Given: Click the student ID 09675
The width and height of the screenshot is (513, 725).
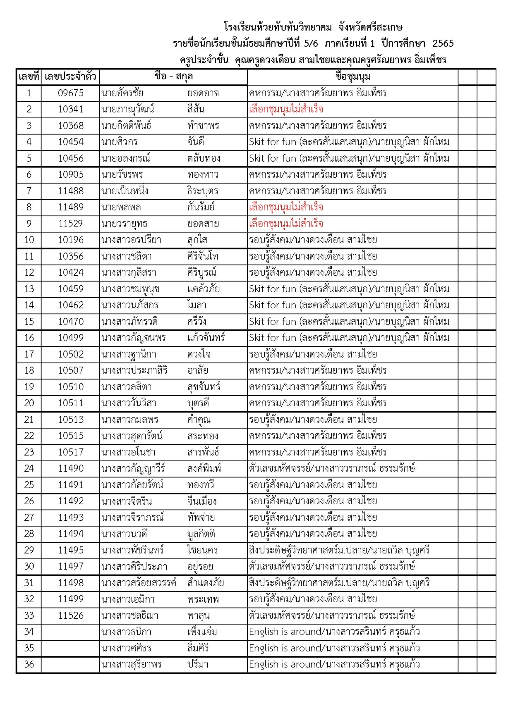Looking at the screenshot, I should click(70, 93).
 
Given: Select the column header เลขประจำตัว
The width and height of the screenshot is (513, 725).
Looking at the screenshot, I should click(70, 76).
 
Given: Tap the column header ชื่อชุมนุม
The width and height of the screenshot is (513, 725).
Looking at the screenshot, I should click(353, 76).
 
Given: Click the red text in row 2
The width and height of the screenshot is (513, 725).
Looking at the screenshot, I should click(286, 110).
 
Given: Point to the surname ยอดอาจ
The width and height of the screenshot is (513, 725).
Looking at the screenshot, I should click(203, 93).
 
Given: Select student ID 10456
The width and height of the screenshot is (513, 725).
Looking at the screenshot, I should click(70, 158).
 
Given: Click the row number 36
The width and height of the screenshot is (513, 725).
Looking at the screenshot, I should click(29, 664).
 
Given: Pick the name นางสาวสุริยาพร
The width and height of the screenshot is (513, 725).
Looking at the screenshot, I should click(131, 664).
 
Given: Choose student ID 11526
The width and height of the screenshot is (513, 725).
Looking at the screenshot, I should click(70, 615).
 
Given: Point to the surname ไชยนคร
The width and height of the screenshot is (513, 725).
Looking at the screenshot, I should click(202, 550).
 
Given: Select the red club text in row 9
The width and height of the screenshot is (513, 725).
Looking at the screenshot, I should click(286, 224).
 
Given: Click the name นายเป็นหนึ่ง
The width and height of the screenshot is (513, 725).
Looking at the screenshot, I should click(125, 191).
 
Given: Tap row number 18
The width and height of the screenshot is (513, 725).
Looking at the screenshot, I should click(29, 370).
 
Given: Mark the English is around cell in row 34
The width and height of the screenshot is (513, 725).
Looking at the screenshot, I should click(334, 632).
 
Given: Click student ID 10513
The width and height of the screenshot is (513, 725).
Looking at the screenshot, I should click(70, 420).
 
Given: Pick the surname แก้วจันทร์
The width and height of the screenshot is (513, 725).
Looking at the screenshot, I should click(206, 338).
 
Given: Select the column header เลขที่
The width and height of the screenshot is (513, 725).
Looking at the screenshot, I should click(29, 76).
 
